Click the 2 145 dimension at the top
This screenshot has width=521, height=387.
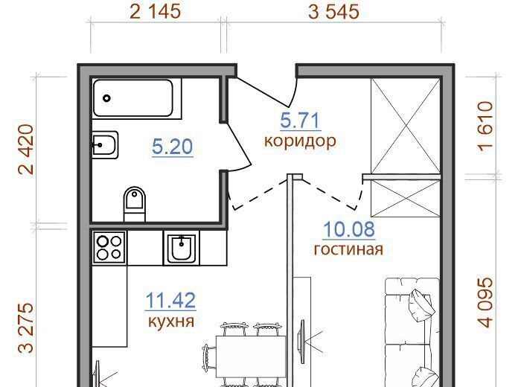tap(155, 11)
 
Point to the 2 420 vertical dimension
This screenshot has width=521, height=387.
tap(26, 150)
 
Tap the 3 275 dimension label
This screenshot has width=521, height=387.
tap(26, 327)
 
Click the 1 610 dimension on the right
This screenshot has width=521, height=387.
tap(485, 127)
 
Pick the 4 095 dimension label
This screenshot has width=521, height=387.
tap(485, 302)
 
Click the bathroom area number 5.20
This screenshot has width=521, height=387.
tap(172, 147)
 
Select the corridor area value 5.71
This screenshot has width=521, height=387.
tap(300, 121)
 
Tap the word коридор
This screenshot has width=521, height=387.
tap(300, 141)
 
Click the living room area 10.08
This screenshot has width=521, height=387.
tap(349, 229)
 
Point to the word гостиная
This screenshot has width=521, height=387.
tap(348, 249)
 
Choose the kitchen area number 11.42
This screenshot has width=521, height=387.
tap(170, 301)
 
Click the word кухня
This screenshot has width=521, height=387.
tap(170, 321)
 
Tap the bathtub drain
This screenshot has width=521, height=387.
tap(106, 98)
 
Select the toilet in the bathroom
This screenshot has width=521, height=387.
tap(135, 204)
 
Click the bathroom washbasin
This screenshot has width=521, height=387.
tap(105, 145)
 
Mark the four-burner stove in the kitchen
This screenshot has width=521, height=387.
tap(109, 248)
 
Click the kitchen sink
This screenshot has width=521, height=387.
tap(182, 247)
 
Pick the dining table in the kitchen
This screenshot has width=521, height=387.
tap(251, 356)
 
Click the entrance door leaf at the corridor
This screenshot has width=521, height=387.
tap(263, 89)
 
